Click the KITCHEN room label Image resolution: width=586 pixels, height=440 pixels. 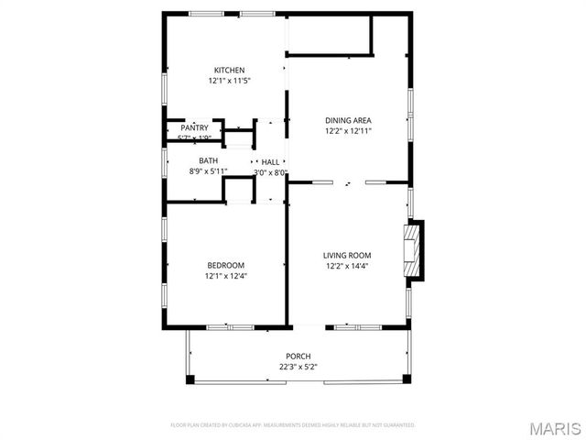coord(229,71)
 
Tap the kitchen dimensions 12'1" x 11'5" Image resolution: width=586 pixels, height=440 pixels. coord(229,82)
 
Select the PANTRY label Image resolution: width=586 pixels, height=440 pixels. coord(194,128)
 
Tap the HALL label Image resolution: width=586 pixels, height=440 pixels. coord(271,162)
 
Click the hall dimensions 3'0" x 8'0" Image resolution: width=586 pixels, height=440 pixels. coord(271,172)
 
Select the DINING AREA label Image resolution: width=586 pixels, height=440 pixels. coord(348,120)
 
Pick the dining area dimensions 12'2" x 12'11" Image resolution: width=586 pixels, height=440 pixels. coord(348,131)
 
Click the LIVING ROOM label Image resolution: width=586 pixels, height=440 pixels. coord(347,256)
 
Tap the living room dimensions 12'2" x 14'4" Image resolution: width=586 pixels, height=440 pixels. coord(347,267)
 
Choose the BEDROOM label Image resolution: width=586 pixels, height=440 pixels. coord(225,265)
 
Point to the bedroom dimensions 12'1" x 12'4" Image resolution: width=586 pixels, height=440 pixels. coord(225,276)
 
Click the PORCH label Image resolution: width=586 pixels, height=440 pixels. coord(298,357)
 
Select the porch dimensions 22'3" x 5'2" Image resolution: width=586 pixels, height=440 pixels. coord(298,368)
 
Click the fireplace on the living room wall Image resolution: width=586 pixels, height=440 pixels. coord(415,248)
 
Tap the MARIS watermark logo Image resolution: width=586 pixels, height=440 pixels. coord(554,428)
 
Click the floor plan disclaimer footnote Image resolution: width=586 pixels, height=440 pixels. coord(293,425)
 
